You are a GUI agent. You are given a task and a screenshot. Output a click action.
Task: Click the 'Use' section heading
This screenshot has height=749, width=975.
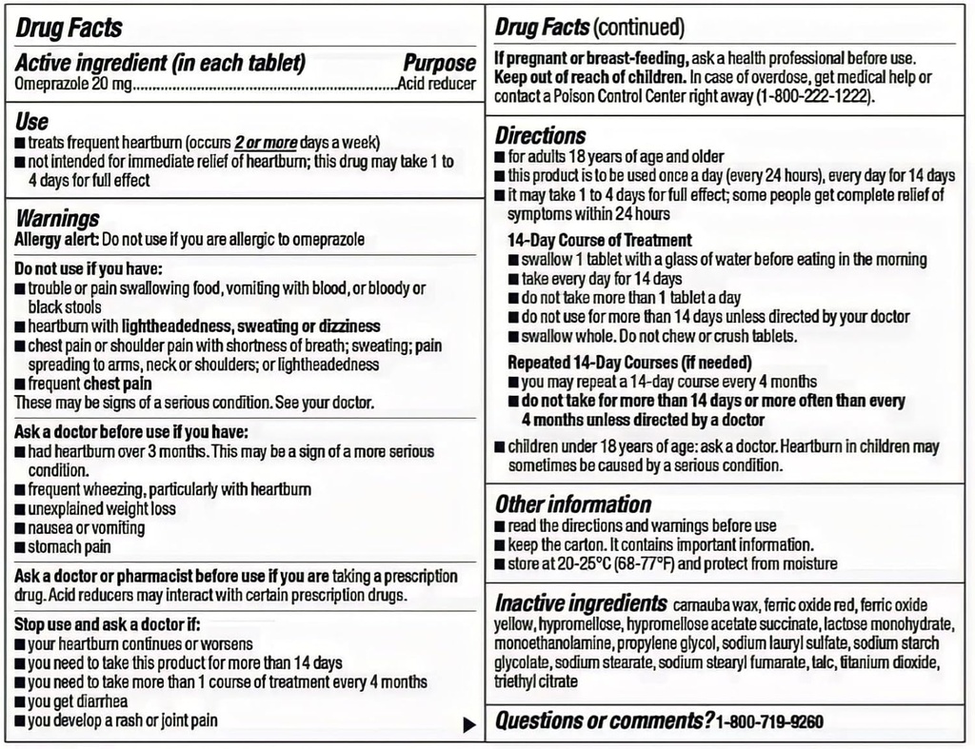click(x=31, y=121)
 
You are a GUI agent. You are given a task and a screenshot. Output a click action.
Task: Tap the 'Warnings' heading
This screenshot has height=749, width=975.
click(x=57, y=219)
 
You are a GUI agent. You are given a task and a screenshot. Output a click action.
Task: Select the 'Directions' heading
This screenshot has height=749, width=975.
click(x=540, y=135)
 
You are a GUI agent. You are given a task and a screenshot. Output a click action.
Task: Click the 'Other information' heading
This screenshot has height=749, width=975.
click(x=573, y=503)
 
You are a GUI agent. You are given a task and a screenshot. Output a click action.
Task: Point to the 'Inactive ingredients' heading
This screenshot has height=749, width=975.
click(x=581, y=603)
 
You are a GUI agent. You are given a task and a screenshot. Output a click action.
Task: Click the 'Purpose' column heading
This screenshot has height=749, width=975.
click(x=439, y=64)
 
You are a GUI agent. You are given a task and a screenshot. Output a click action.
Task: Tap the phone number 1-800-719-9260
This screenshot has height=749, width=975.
click(x=769, y=722)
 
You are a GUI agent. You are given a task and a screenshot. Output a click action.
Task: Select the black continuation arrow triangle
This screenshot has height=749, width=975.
click(x=468, y=725)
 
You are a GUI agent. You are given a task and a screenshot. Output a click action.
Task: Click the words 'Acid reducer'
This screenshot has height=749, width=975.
click(x=437, y=84)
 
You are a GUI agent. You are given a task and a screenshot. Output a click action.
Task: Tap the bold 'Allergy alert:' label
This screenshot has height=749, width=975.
click(x=56, y=239)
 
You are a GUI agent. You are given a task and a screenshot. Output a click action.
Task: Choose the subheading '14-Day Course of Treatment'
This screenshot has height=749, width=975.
click(x=600, y=240)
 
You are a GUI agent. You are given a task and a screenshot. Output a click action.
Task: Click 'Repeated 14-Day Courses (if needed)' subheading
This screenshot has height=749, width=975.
click(x=629, y=362)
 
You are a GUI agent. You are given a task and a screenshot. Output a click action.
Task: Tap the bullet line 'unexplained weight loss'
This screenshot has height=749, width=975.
click(x=102, y=508)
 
